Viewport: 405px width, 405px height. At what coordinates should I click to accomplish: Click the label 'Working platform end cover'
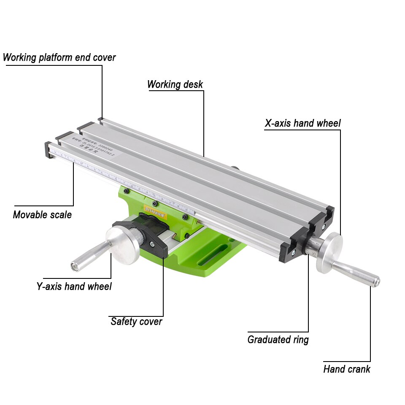click(x=59, y=57)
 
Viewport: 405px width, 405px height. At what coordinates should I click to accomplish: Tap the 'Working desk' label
click(x=175, y=84)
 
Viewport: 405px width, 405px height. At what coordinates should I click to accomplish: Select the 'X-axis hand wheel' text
click(x=302, y=123)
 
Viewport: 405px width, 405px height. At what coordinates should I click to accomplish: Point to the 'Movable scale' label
click(x=42, y=214)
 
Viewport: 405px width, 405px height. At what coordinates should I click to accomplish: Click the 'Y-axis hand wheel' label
click(x=74, y=286)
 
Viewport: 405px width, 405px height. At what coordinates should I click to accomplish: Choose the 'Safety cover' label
click(x=136, y=321)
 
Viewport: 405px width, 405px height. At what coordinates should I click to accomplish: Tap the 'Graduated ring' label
click(x=278, y=340)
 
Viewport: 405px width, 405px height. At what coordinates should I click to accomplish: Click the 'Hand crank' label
click(x=347, y=369)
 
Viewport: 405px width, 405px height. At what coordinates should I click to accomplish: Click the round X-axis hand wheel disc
click(x=329, y=253)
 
